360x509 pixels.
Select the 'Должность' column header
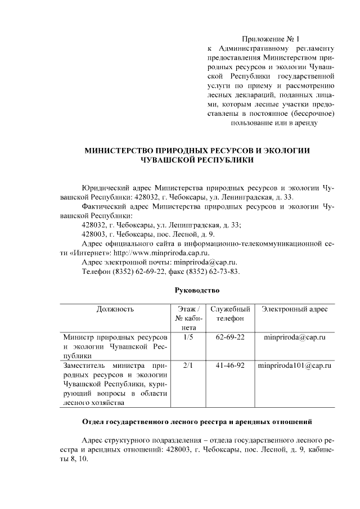click(115, 309)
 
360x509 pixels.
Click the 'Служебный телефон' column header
click(230, 314)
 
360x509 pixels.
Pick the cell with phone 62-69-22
click(230, 337)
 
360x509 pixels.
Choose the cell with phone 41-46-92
click(230, 366)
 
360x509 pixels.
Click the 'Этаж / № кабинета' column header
click(188, 318)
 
